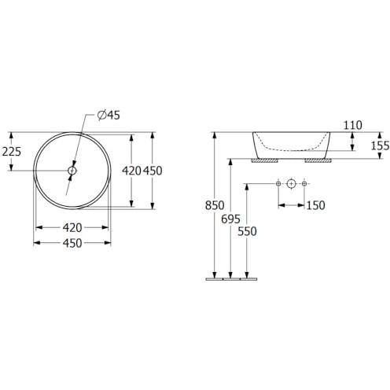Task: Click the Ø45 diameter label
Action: coord(109,115)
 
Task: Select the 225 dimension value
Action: coord(12,152)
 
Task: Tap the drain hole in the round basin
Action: coord(72,171)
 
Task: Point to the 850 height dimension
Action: coord(215,205)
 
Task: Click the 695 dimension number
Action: coord(230,219)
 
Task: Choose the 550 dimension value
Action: coord(247,231)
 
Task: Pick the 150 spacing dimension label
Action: coord(315,205)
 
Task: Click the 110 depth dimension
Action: coord(353,125)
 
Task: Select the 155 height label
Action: coord(380,145)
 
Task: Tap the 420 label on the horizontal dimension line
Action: coord(72,228)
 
